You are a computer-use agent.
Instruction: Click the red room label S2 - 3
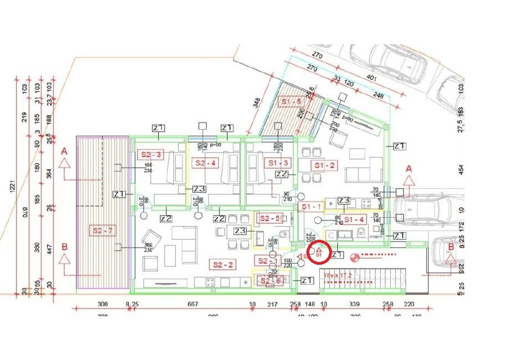[151, 155]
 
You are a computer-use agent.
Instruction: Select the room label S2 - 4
[205, 163]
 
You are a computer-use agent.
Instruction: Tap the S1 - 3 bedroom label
[278, 163]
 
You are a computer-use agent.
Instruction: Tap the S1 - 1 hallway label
[311, 206]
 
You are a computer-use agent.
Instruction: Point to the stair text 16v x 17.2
[338, 274]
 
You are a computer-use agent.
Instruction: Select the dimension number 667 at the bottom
[192, 304]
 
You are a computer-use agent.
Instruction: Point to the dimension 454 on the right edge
[460, 168]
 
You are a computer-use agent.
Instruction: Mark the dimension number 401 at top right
[356, 79]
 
